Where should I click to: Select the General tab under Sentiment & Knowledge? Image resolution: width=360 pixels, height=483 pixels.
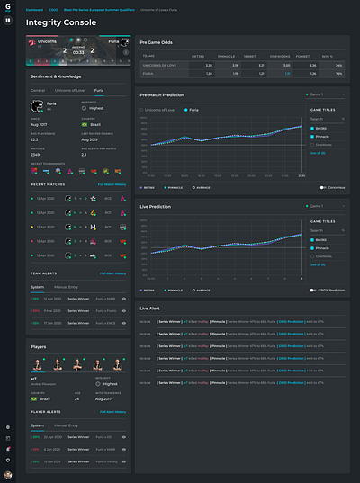tap(38, 91)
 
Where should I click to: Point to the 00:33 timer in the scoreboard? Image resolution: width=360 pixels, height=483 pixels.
tap(79, 52)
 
